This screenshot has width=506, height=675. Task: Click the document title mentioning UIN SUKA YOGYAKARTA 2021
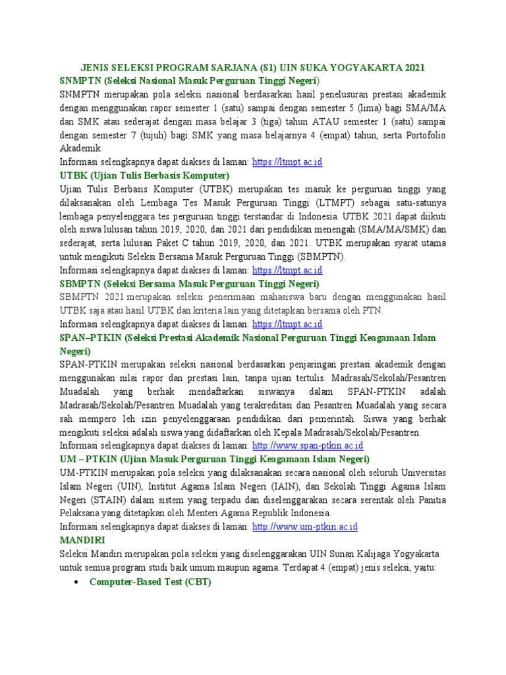point(252,67)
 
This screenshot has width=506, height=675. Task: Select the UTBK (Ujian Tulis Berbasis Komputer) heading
point(144,176)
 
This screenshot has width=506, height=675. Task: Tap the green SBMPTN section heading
point(189,284)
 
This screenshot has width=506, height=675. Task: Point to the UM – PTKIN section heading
point(215,459)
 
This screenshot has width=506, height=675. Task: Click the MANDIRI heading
point(82,539)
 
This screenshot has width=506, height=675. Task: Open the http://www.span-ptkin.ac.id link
point(307,446)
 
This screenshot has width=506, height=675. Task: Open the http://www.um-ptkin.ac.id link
point(305,527)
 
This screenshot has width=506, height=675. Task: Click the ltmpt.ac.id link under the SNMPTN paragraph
point(288,162)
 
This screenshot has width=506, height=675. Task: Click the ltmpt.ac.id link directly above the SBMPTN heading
point(288,270)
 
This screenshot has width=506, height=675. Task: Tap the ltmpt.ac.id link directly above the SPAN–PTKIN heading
point(288,324)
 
